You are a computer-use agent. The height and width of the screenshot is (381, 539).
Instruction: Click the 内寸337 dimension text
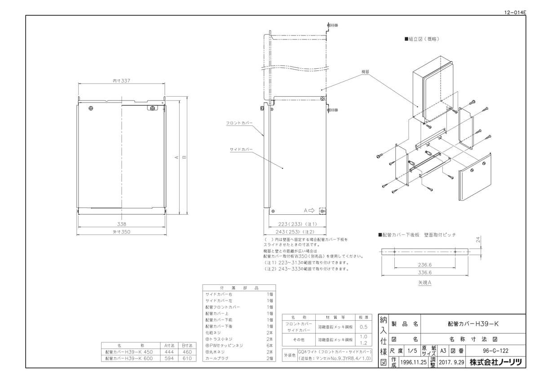click(x=121, y=81)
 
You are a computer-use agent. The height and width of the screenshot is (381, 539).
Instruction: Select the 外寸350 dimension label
click(x=122, y=232)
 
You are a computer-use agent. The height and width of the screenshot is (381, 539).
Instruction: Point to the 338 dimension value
click(x=122, y=224)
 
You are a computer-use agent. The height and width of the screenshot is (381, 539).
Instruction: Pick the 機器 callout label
click(x=365, y=71)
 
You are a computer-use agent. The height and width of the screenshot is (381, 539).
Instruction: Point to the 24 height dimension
click(x=478, y=240)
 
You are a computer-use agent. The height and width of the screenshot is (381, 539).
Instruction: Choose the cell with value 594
click(x=169, y=359)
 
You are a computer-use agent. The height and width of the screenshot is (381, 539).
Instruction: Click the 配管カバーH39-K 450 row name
click(x=129, y=352)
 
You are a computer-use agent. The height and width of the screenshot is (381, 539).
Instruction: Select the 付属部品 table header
click(x=239, y=288)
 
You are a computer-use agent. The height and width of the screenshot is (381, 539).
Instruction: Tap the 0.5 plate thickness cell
click(x=363, y=327)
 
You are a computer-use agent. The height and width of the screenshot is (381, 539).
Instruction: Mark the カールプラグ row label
click(x=217, y=359)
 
